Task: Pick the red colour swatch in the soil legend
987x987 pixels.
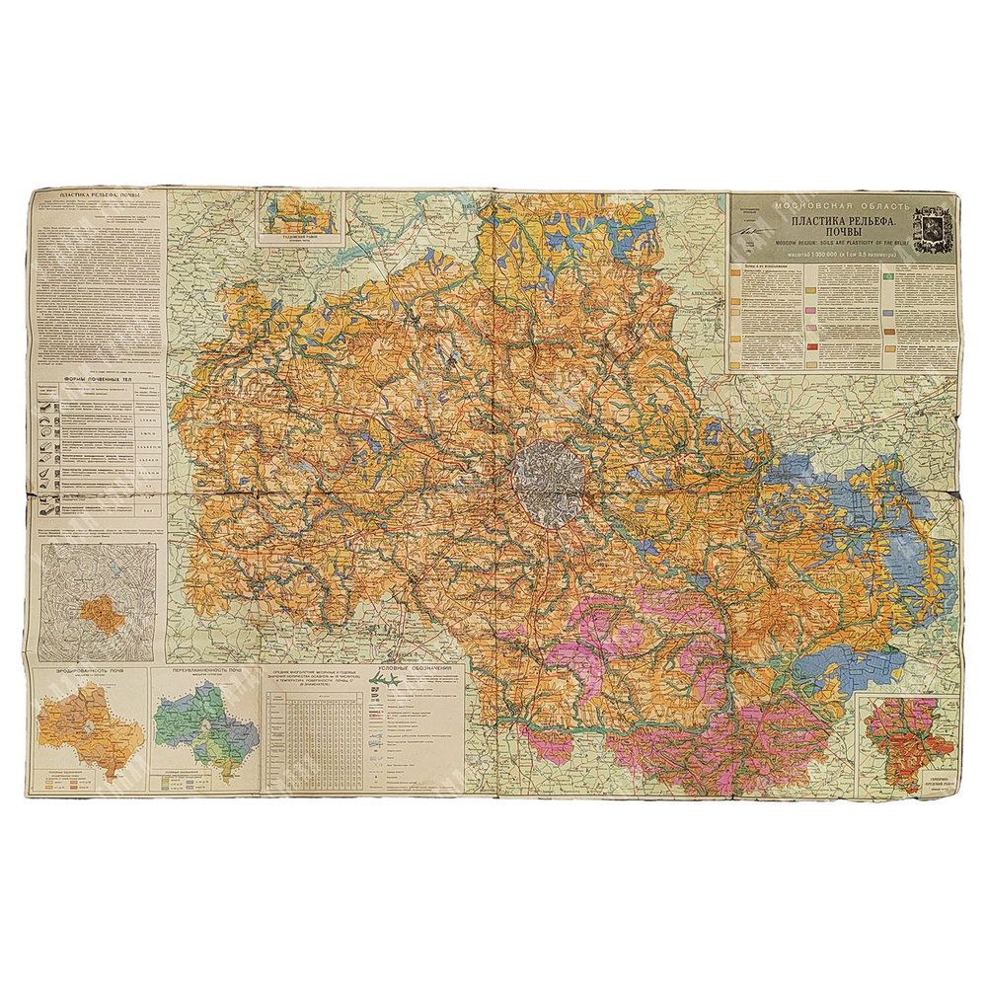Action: [x=811, y=346]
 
